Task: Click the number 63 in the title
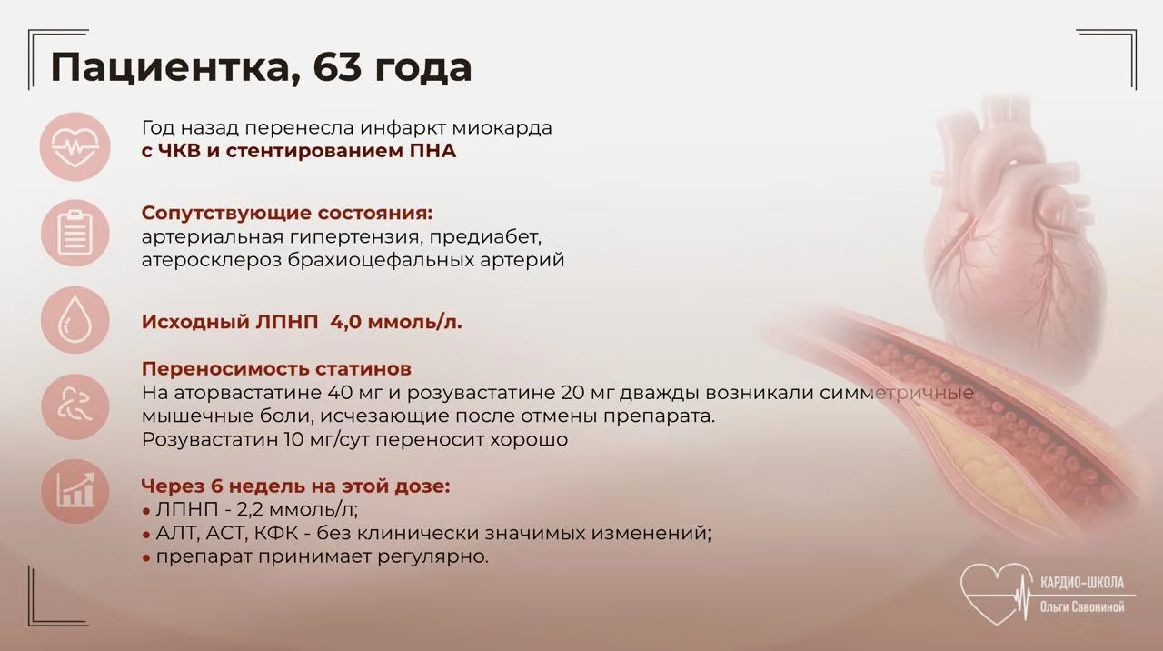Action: [337, 67]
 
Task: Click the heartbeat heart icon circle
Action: [75, 146]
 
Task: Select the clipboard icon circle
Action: [75, 234]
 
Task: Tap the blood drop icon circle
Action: [75, 320]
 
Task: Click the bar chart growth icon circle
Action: [75, 491]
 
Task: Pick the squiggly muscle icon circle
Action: [75, 406]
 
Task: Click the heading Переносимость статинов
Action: [276, 369]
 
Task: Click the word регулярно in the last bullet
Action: [433, 557]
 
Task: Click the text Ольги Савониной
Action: [1082, 606]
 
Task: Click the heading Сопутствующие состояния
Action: [287, 214]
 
